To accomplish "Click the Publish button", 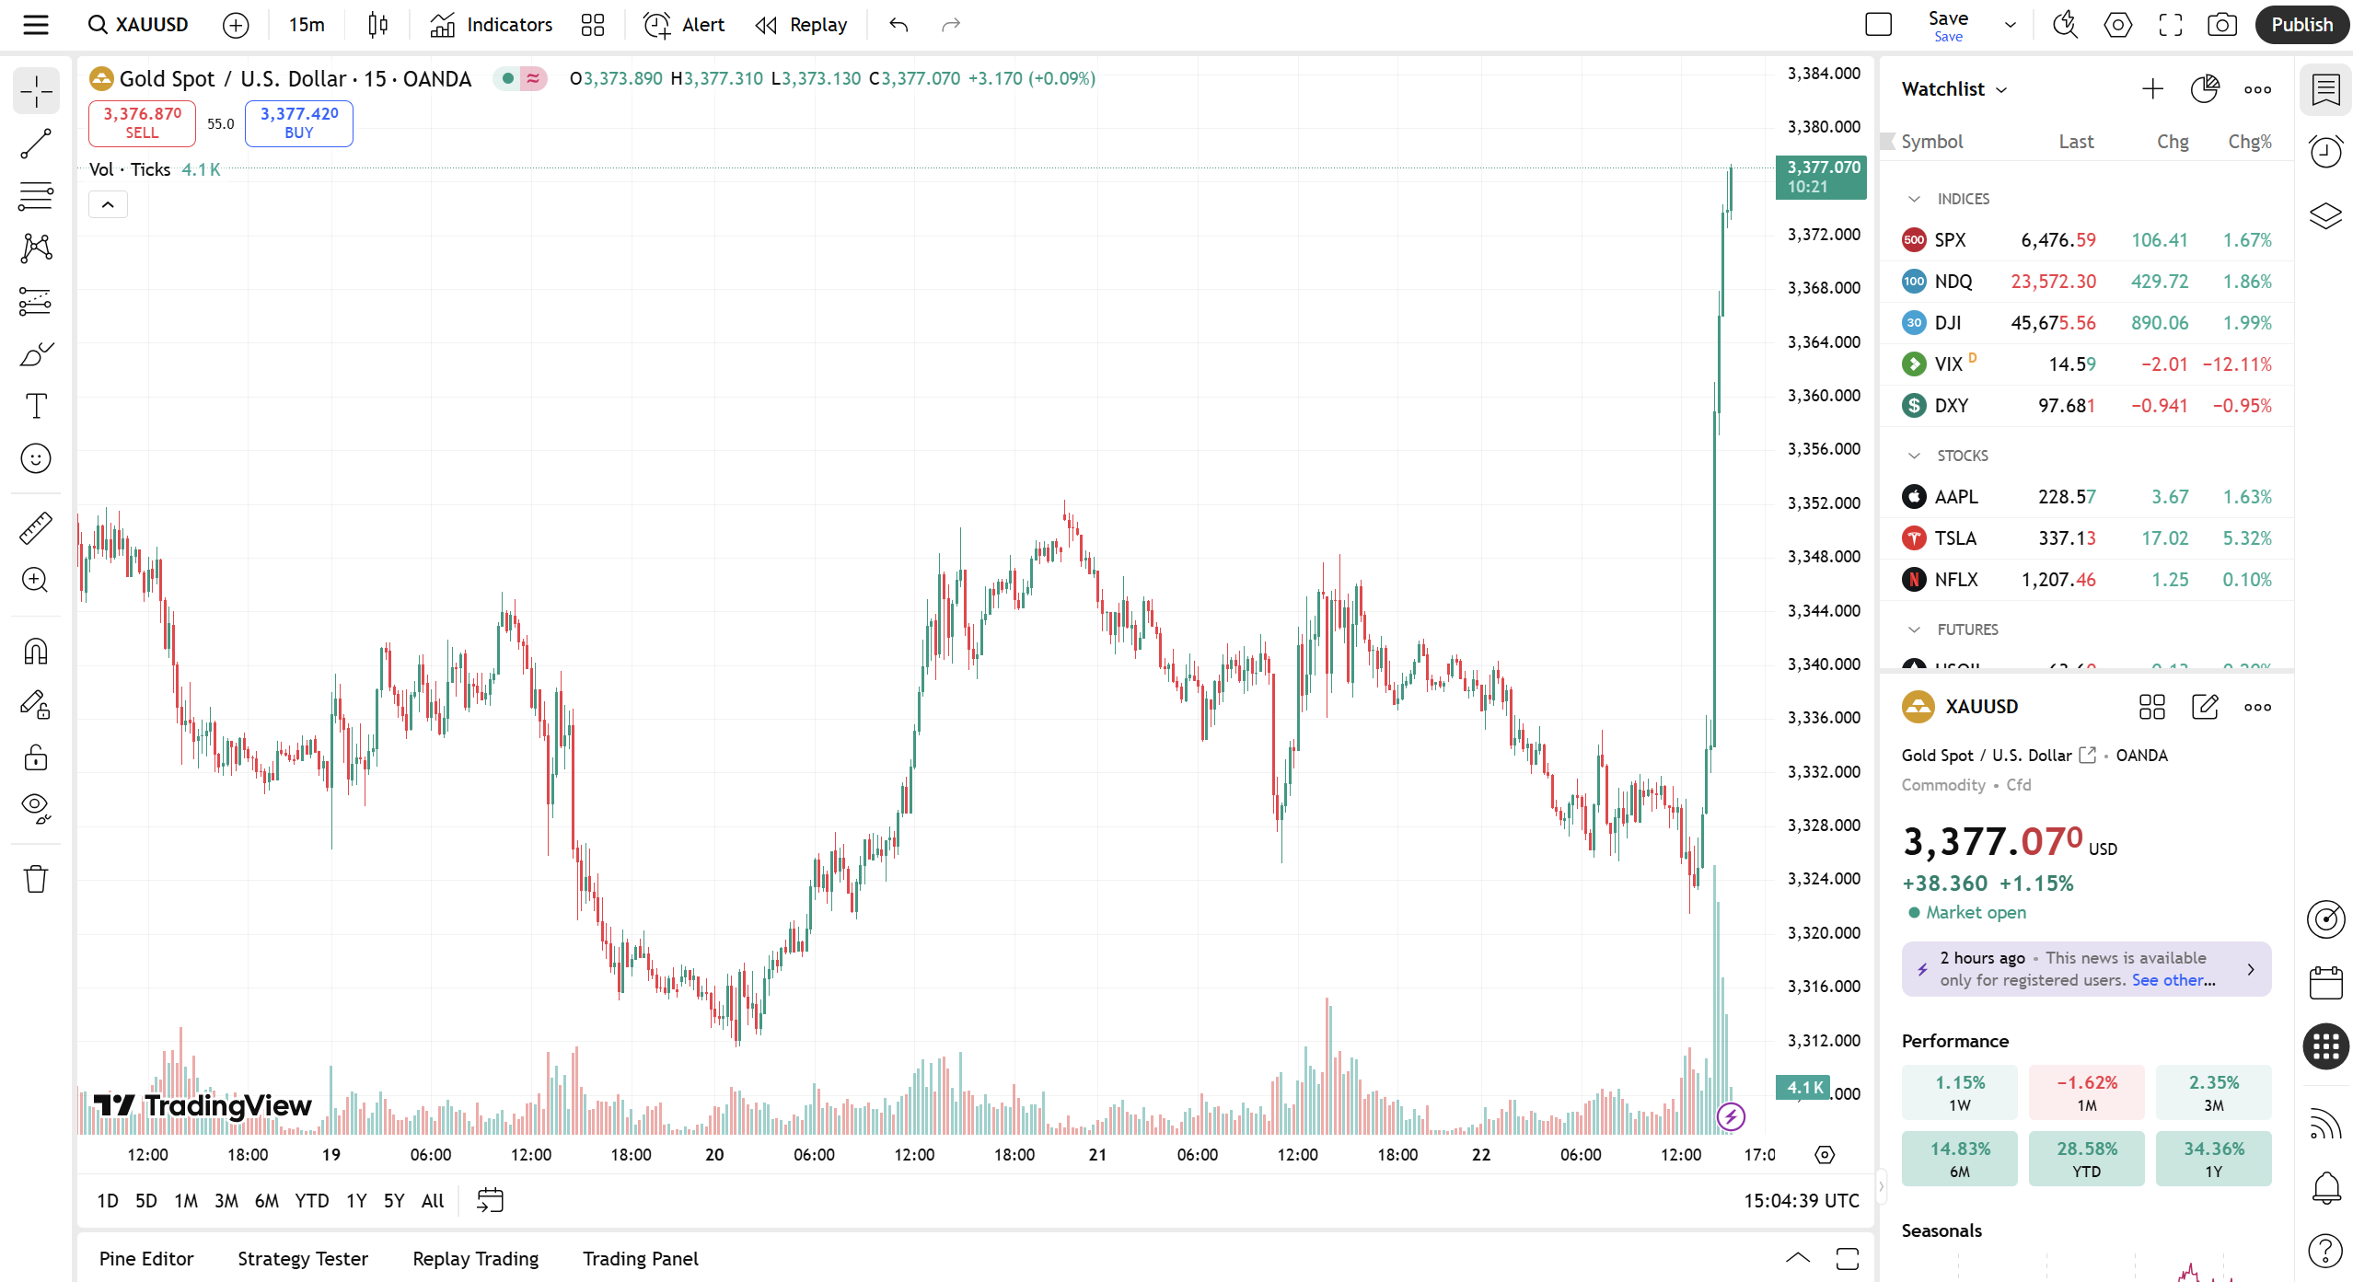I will [2301, 25].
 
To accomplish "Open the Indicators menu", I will [492, 25].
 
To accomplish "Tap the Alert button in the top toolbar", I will [684, 25].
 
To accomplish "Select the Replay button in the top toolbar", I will [801, 25].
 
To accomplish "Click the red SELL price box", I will [142, 122].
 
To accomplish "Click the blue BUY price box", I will [298, 122].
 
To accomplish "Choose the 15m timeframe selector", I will [307, 25].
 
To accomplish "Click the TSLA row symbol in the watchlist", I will [1955, 538].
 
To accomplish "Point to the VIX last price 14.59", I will [2072, 364].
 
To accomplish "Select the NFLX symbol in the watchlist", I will [1956, 580].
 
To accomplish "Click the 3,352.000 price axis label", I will [1824, 503].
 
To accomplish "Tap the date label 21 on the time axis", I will [1097, 1155].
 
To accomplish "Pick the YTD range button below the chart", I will [311, 1201].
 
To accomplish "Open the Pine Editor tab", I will [146, 1259].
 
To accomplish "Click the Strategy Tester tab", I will [303, 1259].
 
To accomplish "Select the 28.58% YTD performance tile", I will [2086, 1159].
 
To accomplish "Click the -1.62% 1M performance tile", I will [2086, 1092].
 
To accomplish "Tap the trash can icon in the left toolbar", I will [36, 879].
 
